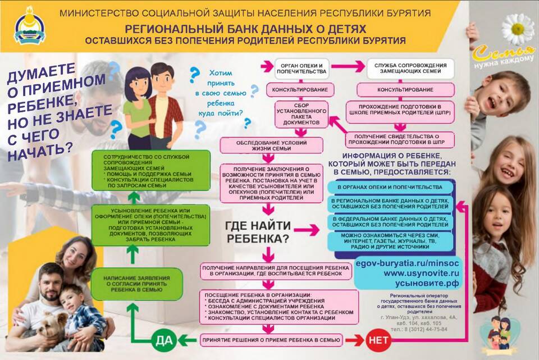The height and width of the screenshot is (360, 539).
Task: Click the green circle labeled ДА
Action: tap(162, 340)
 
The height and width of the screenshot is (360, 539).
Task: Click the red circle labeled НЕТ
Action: tap(379, 340)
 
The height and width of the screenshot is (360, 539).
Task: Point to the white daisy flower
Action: tap(517, 29)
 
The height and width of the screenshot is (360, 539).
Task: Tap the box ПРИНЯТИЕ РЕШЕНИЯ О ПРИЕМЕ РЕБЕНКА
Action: tap(270, 340)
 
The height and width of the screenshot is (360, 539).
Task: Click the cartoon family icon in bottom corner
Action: tap(501, 334)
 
